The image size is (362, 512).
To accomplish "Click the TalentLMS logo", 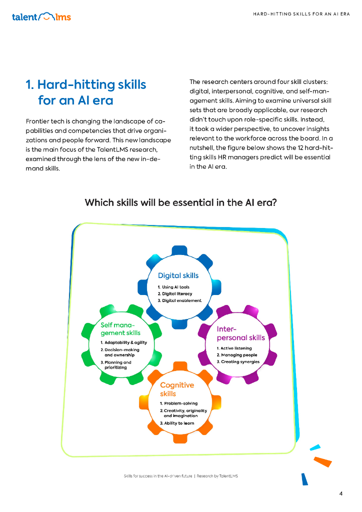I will pos(41,17).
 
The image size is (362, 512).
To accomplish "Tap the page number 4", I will pos(340,494).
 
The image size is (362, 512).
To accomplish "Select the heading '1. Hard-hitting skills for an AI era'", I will pos(86,92).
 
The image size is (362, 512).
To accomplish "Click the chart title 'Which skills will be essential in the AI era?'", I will pos(181,202).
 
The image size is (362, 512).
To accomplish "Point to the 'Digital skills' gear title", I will pos(178,275).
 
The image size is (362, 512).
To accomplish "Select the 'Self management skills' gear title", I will pos(120,328).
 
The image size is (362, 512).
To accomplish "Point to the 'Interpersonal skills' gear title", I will pos(240,333).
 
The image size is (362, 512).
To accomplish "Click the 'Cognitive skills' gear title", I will pos(176,389).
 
